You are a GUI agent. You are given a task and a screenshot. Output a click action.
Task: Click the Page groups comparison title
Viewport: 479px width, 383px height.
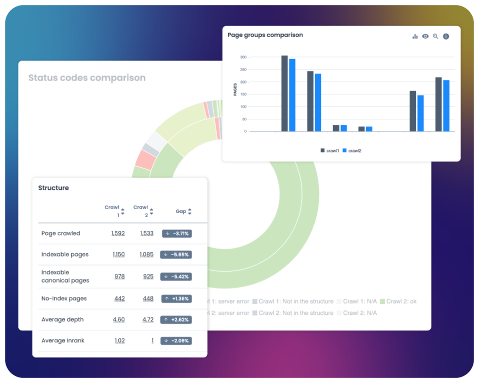click(265, 35)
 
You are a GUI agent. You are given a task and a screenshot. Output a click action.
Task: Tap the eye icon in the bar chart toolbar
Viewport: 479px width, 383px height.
click(425, 37)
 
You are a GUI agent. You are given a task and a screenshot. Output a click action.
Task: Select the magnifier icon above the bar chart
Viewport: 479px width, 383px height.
click(435, 37)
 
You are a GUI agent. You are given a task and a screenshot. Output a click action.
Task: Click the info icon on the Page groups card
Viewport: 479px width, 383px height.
click(446, 37)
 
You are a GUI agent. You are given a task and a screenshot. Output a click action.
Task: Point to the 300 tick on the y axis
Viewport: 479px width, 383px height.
click(243, 57)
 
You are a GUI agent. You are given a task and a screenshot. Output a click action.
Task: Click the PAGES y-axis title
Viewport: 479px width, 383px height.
click(235, 89)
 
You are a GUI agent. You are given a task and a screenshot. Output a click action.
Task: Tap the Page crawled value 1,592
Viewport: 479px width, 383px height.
click(118, 234)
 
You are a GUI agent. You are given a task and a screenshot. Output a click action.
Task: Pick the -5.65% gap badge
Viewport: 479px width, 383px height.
click(176, 255)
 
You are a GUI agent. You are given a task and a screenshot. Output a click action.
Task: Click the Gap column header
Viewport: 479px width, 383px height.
click(181, 212)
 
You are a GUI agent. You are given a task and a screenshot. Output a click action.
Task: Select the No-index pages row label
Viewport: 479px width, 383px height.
click(64, 299)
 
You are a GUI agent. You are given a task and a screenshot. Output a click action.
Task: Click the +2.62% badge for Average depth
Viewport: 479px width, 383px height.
click(176, 320)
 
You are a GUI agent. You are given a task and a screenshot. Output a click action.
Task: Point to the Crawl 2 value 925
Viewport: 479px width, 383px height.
click(148, 277)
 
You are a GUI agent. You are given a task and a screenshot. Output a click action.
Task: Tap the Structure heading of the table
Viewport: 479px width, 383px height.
click(54, 188)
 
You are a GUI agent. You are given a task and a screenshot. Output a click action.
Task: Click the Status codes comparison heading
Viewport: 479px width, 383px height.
click(87, 78)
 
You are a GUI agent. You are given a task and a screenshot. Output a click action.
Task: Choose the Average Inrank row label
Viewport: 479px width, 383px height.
click(63, 341)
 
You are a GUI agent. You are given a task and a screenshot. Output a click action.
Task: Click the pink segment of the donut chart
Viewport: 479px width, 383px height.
click(145, 160)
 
